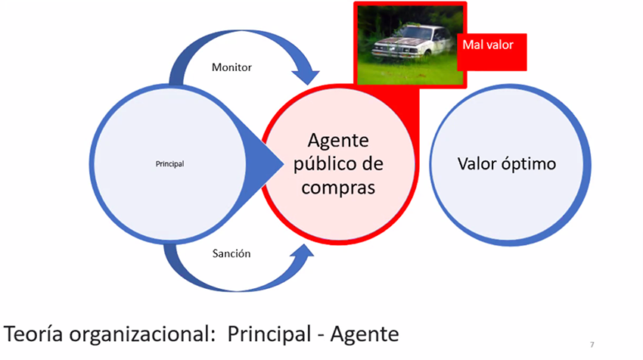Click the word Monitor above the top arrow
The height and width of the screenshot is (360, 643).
pyautogui.click(x=231, y=67)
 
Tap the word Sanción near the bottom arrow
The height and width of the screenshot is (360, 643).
pyautogui.click(x=231, y=253)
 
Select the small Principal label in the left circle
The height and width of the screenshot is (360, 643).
pyautogui.click(x=170, y=163)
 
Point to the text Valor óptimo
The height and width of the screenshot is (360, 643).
pyautogui.click(x=506, y=163)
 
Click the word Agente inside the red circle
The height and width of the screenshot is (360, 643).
pyautogui.click(x=338, y=141)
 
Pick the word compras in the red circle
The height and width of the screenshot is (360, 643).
pyautogui.click(x=338, y=188)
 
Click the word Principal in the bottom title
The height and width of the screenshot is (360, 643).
pyautogui.click(x=269, y=334)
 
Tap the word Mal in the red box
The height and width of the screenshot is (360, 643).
pyautogui.click(x=474, y=45)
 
